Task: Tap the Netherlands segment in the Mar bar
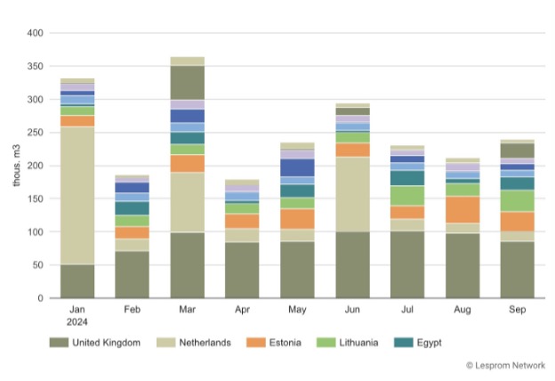tap(187, 202)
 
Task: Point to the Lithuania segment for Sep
tap(518, 200)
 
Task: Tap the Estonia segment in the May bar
tap(297, 218)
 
